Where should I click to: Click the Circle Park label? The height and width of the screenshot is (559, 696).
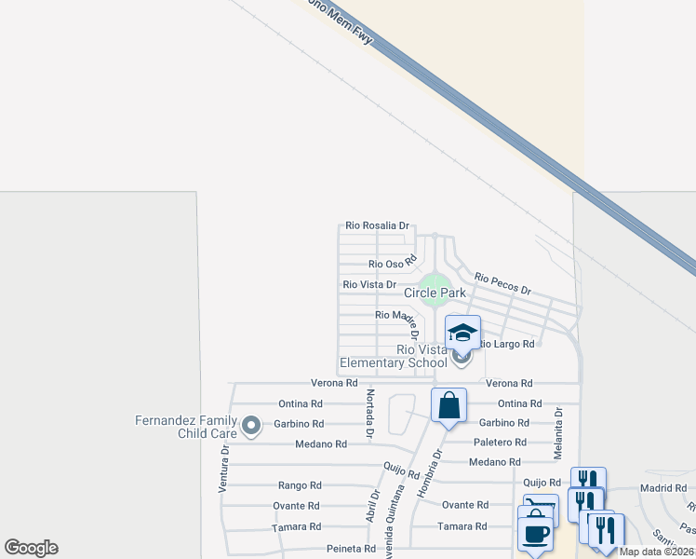point(435,293)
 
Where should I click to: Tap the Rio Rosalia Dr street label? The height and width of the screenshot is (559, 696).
point(377,225)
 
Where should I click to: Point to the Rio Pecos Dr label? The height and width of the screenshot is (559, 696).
point(502,283)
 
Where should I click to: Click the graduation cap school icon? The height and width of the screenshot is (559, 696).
point(462,333)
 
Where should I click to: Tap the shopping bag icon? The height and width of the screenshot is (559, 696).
point(448,405)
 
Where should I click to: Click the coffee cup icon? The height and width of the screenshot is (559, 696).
point(535,534)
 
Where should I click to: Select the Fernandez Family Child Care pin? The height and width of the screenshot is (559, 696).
point(250,427)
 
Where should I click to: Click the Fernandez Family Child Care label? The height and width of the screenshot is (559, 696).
point(187,427)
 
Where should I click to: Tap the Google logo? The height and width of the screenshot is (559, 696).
point(32,548)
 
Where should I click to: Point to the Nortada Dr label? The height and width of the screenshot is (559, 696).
point(369,415)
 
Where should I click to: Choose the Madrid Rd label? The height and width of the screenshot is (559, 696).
point(662,488)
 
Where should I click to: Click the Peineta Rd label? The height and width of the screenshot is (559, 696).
point(350,549)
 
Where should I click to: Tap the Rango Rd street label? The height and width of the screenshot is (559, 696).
point(300,485)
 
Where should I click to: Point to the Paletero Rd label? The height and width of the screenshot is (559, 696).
point(500,443)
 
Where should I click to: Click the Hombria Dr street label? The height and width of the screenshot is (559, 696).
point(430,474)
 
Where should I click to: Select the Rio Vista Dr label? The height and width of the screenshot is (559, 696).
point(369,284)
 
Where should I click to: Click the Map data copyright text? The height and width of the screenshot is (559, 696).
point(657,552)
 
